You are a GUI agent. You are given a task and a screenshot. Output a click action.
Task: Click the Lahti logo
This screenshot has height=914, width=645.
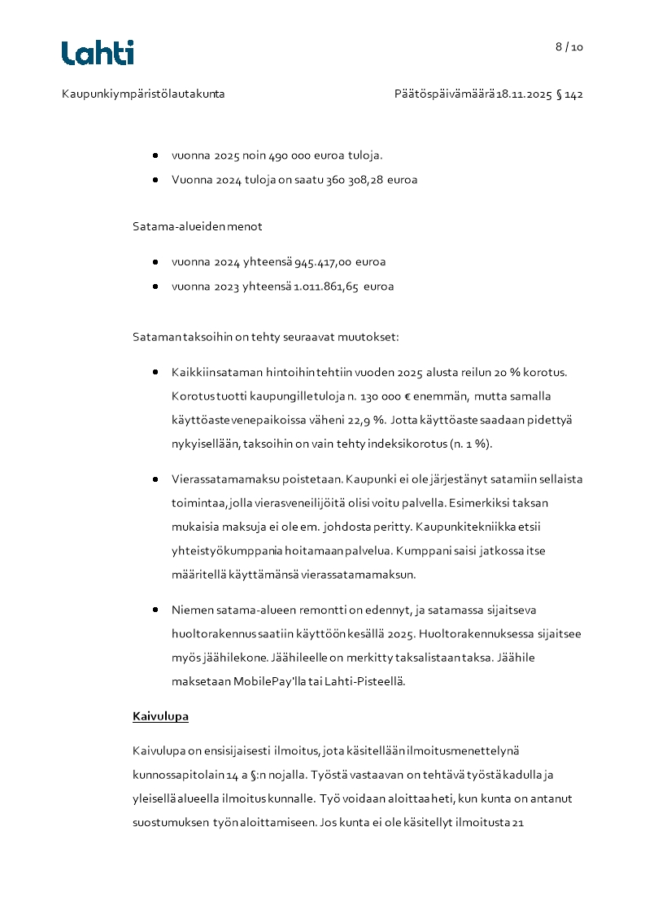[98, 53]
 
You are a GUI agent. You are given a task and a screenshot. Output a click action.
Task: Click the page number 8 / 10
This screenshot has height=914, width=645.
[569, 47]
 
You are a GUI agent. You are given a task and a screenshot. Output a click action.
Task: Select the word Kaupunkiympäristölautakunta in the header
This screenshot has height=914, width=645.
[143, 94]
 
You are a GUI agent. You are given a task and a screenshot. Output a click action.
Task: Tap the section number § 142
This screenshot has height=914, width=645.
[569, 94]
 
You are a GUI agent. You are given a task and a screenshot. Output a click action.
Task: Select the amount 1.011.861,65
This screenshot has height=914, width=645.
[326, 286]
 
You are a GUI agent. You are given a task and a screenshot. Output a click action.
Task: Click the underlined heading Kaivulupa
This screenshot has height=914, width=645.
[160, 717]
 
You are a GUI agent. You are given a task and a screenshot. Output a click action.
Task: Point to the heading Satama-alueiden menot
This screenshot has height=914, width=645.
[198, 226]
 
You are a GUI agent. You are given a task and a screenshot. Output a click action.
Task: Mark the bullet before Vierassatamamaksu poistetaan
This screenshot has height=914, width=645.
[155, 479]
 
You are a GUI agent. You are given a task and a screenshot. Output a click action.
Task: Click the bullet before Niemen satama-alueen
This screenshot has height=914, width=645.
[155, 610]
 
